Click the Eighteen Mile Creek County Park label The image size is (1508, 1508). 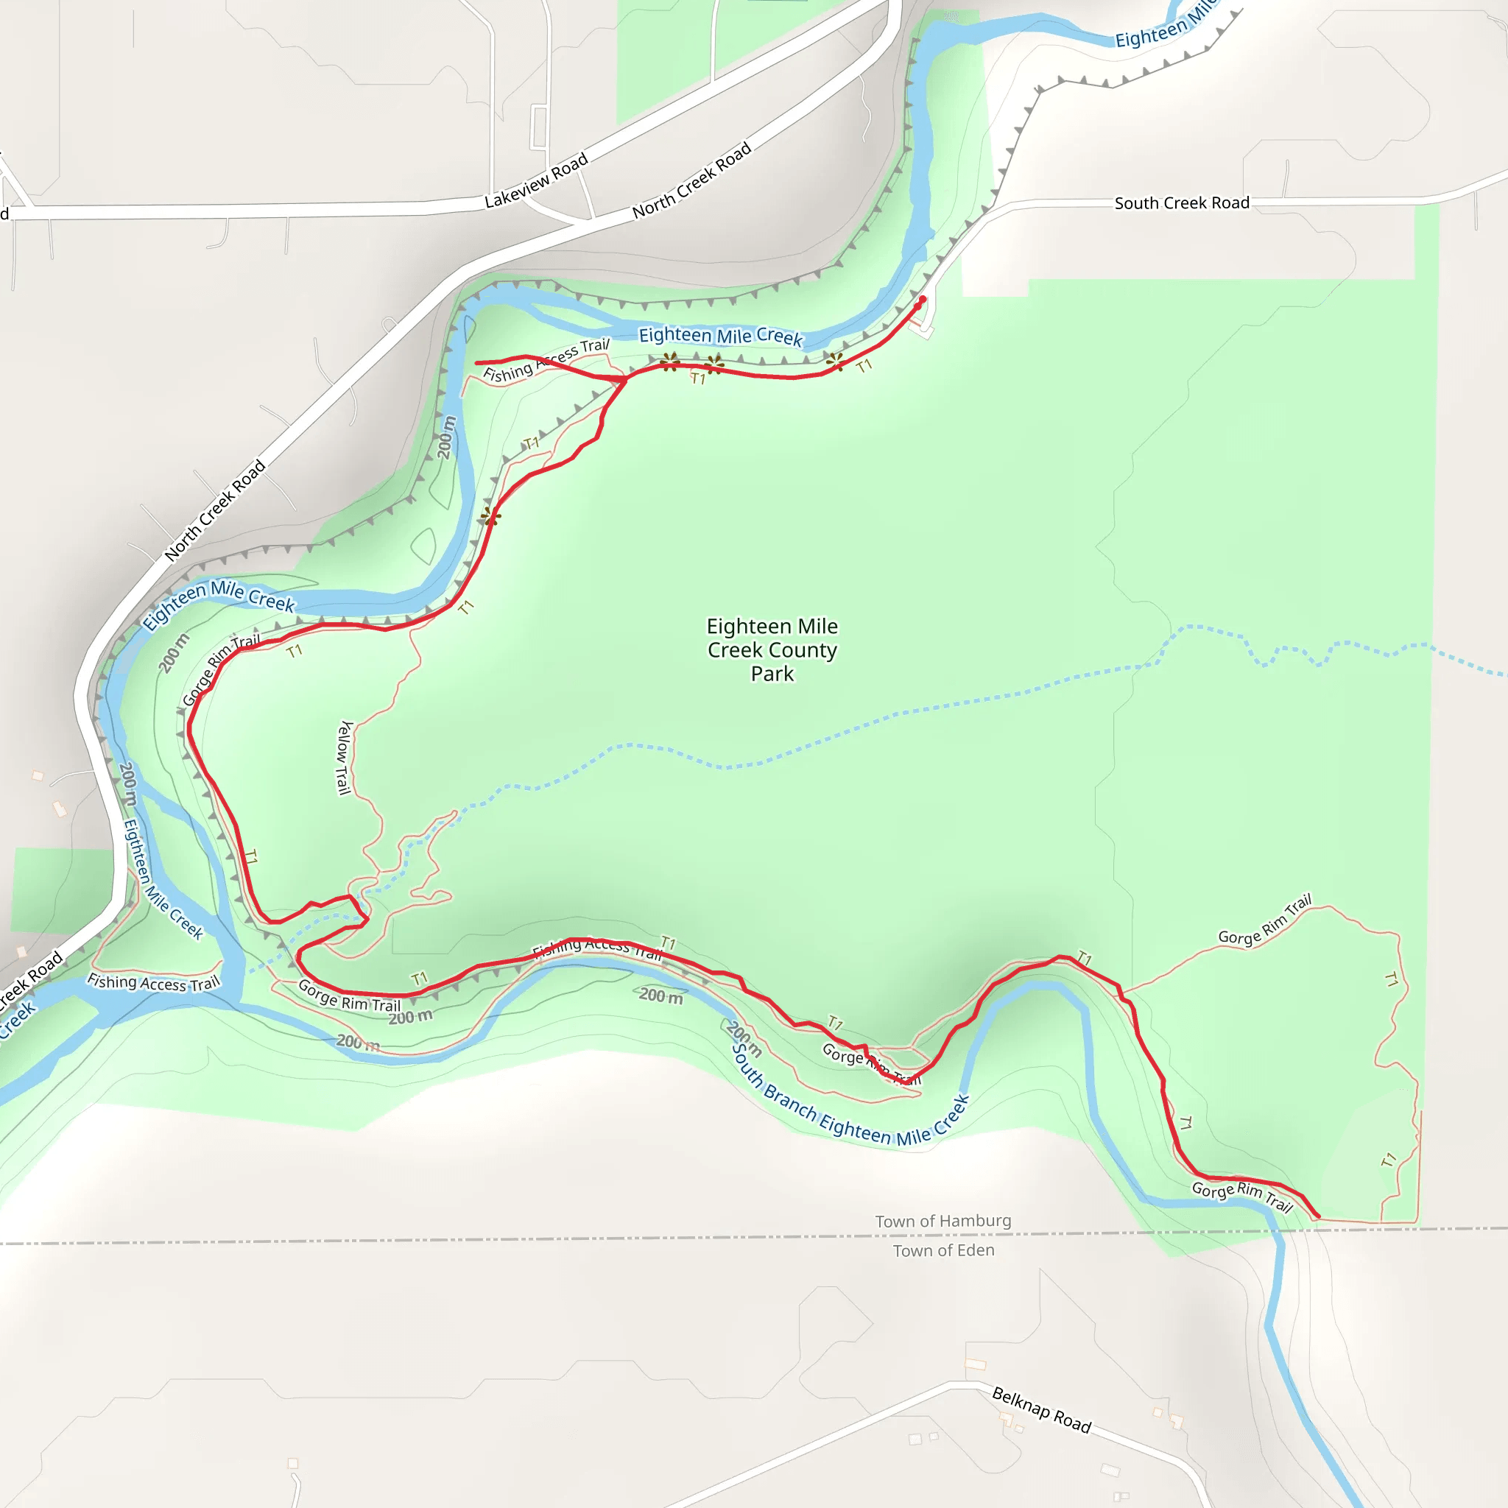click(x=772, y=649)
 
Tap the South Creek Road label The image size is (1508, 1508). click(x=1181, y=203)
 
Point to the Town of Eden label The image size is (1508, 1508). click(x=943, y=1250)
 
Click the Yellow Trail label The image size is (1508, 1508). click(x=344, y=757)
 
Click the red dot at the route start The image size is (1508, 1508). click(x=923, y=299)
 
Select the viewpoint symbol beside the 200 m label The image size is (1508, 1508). click(x=490, y=515)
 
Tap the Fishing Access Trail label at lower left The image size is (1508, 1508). click(x=153, y=983)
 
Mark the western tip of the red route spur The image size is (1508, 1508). click(x=477, y=363)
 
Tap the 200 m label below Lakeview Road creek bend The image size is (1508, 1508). click(x=445, y=437)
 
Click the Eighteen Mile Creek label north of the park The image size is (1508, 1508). click(x=719, y=336)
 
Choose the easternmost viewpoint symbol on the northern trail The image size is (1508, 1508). click(x=834, y=360)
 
